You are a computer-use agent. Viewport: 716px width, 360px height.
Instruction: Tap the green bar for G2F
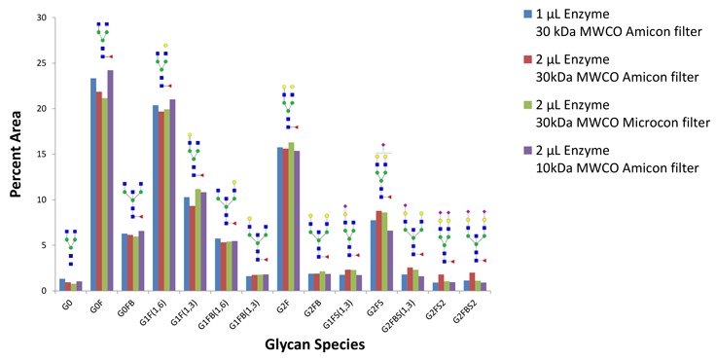(292, 216)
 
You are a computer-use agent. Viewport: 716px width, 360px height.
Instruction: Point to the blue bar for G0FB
(125, 262)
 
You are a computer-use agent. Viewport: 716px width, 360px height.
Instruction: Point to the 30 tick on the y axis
(47, 18)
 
